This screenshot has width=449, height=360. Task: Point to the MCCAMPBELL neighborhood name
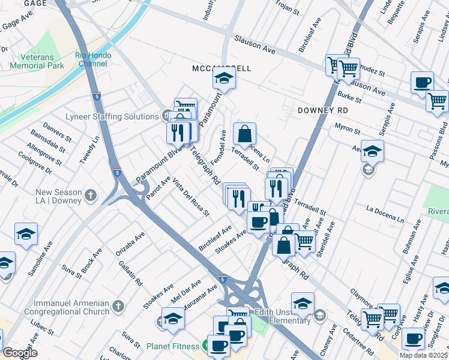coord(221,68)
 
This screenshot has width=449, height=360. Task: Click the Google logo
coord(20,353)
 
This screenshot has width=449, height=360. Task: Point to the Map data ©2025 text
coord(424,355)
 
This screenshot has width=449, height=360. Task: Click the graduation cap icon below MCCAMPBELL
coord(224,78)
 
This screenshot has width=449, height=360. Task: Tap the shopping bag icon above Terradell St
coord(244,134)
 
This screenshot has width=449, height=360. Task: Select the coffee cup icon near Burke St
coord(422,82)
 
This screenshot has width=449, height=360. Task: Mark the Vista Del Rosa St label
coord(190,197)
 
